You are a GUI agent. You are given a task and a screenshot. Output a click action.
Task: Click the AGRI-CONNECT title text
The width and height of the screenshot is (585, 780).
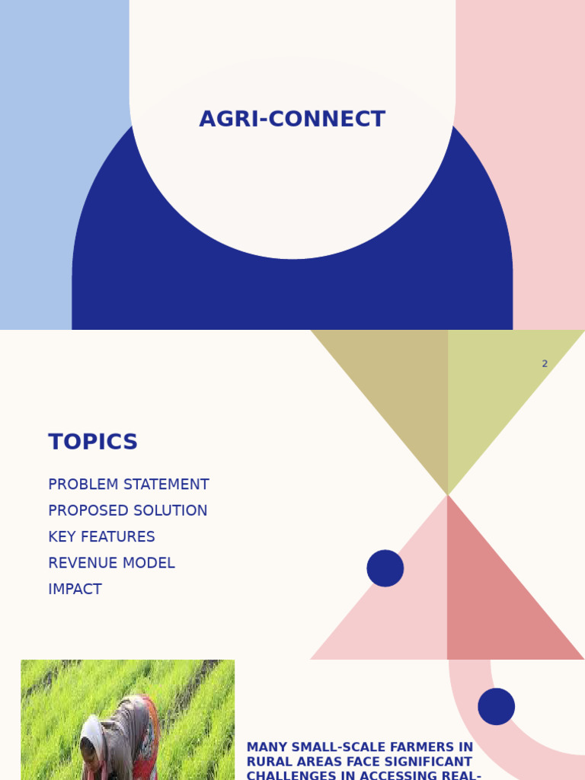pos(292,120)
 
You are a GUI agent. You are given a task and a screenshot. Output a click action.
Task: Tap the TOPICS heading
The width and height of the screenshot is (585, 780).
pos(93,443)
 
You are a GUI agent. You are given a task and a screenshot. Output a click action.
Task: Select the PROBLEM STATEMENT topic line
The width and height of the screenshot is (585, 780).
pos(128,484)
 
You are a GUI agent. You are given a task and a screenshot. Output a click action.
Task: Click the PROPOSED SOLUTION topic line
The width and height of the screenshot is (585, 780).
pos(127,511)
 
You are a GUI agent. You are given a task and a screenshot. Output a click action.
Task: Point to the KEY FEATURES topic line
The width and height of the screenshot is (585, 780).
pos(101,537)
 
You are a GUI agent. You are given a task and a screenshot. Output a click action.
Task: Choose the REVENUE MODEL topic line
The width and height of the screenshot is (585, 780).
pos(111,564)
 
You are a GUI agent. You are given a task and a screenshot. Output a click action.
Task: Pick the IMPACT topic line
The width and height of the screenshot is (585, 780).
pos(75,590)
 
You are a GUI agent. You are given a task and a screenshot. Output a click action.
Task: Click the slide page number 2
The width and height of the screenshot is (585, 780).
pos(545,364)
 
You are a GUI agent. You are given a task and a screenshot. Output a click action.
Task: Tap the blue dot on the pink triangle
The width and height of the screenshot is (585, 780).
pos(385,568)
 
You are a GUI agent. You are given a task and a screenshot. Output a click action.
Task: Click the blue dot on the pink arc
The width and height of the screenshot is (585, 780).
pos(497,707)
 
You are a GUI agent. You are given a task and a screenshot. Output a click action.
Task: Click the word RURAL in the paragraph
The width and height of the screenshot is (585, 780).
pos(269,762)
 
